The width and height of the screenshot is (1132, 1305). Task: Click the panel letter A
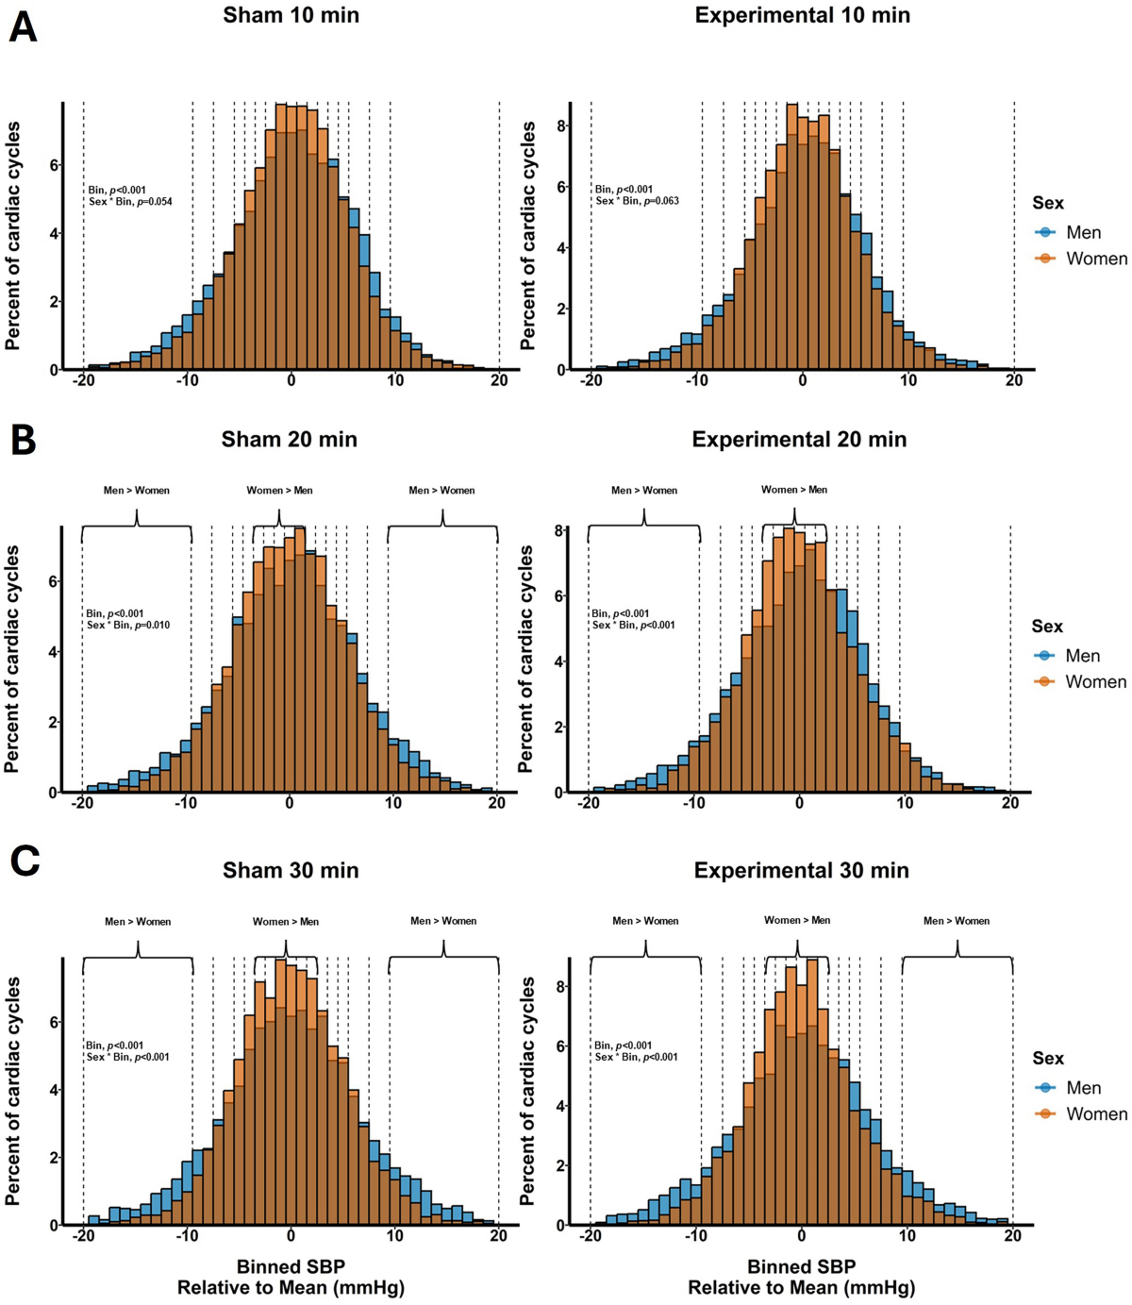tap(23, 28)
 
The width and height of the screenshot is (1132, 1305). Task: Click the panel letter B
tap(24, 440)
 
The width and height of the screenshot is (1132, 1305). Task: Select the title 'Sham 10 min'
tap(291, 15)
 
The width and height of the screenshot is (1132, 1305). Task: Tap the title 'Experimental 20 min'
tap(799, 440)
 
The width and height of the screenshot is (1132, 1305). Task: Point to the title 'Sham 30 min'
tap(291, 871)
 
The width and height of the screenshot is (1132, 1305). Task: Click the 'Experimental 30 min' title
tap(801, 871)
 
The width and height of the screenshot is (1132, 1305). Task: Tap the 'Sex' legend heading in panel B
tap(1047, 627)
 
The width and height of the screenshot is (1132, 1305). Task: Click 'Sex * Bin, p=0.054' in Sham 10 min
tap(130, 202)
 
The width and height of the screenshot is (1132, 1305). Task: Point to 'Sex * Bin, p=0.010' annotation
tap(128, 625)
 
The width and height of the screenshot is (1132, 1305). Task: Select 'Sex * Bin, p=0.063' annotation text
tap(637, 201)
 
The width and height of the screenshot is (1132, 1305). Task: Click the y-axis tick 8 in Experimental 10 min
tap(561, 125)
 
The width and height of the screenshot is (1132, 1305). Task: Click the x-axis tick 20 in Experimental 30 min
tap(1012, 1235)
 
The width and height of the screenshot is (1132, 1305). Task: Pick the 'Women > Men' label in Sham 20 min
tap(280, 491)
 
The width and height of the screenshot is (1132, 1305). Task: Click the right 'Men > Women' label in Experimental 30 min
tap(957, 921)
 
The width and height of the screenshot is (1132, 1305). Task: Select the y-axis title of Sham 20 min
tap(12, 660)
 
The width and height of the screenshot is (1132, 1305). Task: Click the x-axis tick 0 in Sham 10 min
tap(291, 380)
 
